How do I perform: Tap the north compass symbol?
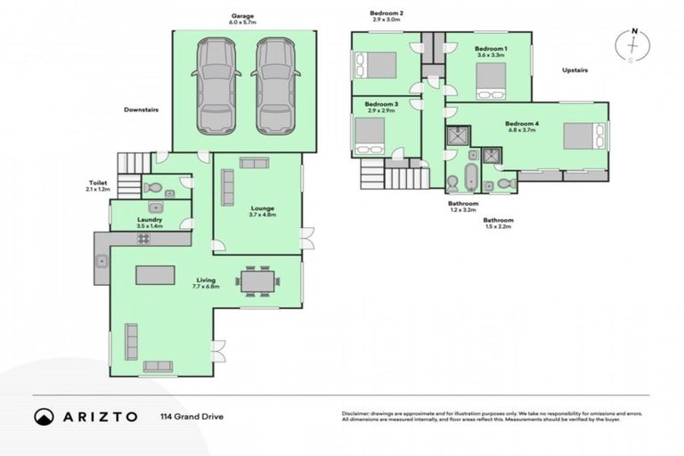(x=633, y=45)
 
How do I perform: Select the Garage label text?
(x=243, y=16)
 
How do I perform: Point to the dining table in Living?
(x=258, y=281)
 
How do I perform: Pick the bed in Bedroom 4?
(x=582, y=135)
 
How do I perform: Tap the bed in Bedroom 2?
(x=378, y=64)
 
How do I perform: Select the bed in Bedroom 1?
(x=490, y=80)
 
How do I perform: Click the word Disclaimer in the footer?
(x=357, y=413)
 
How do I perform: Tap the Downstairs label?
(x=141, y=110)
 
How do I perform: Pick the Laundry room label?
(x=149, y=219)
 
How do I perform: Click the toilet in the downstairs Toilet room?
(x=152, y=187)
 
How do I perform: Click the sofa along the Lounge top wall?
(x=255, y=162)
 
